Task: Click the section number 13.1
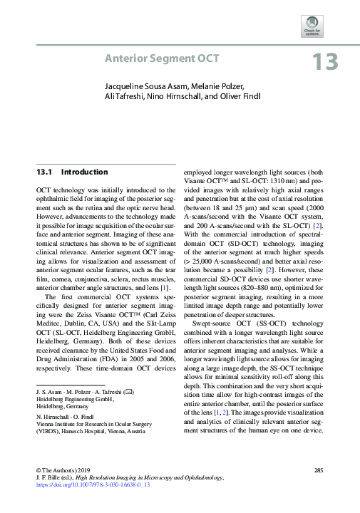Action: (x=45, y=172)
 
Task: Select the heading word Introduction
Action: (x=85, y=172)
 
